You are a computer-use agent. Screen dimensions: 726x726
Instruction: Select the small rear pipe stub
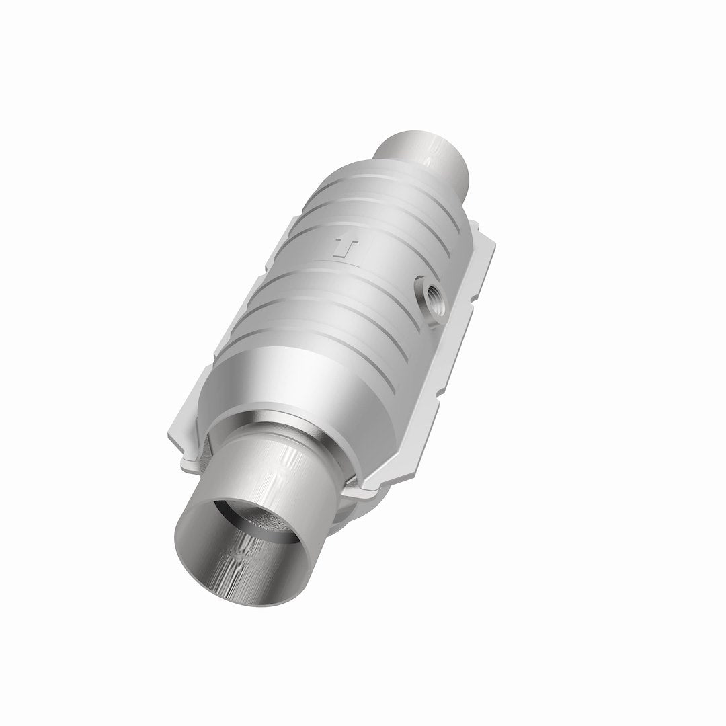point(430,154)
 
